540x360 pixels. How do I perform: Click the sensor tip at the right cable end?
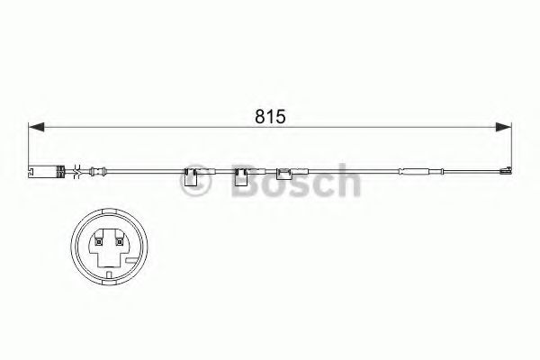pyautogui.click(x=505, y=170)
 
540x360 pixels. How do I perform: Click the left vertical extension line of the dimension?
pyautogui.click(x=30, y=144)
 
